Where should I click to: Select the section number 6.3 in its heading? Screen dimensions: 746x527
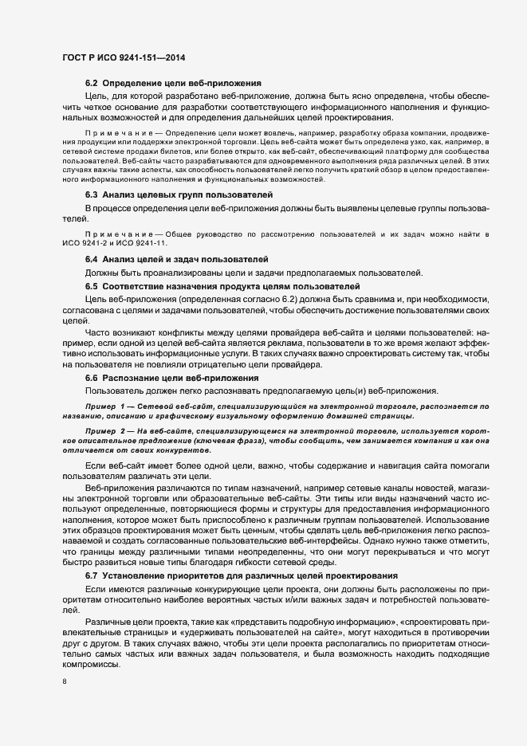tap(91, 195)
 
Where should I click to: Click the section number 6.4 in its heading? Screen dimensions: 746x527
tap(91, 260)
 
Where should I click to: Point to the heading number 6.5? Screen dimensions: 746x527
tap(91, 285)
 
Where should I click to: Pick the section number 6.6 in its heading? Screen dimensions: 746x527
tap(91, 378)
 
